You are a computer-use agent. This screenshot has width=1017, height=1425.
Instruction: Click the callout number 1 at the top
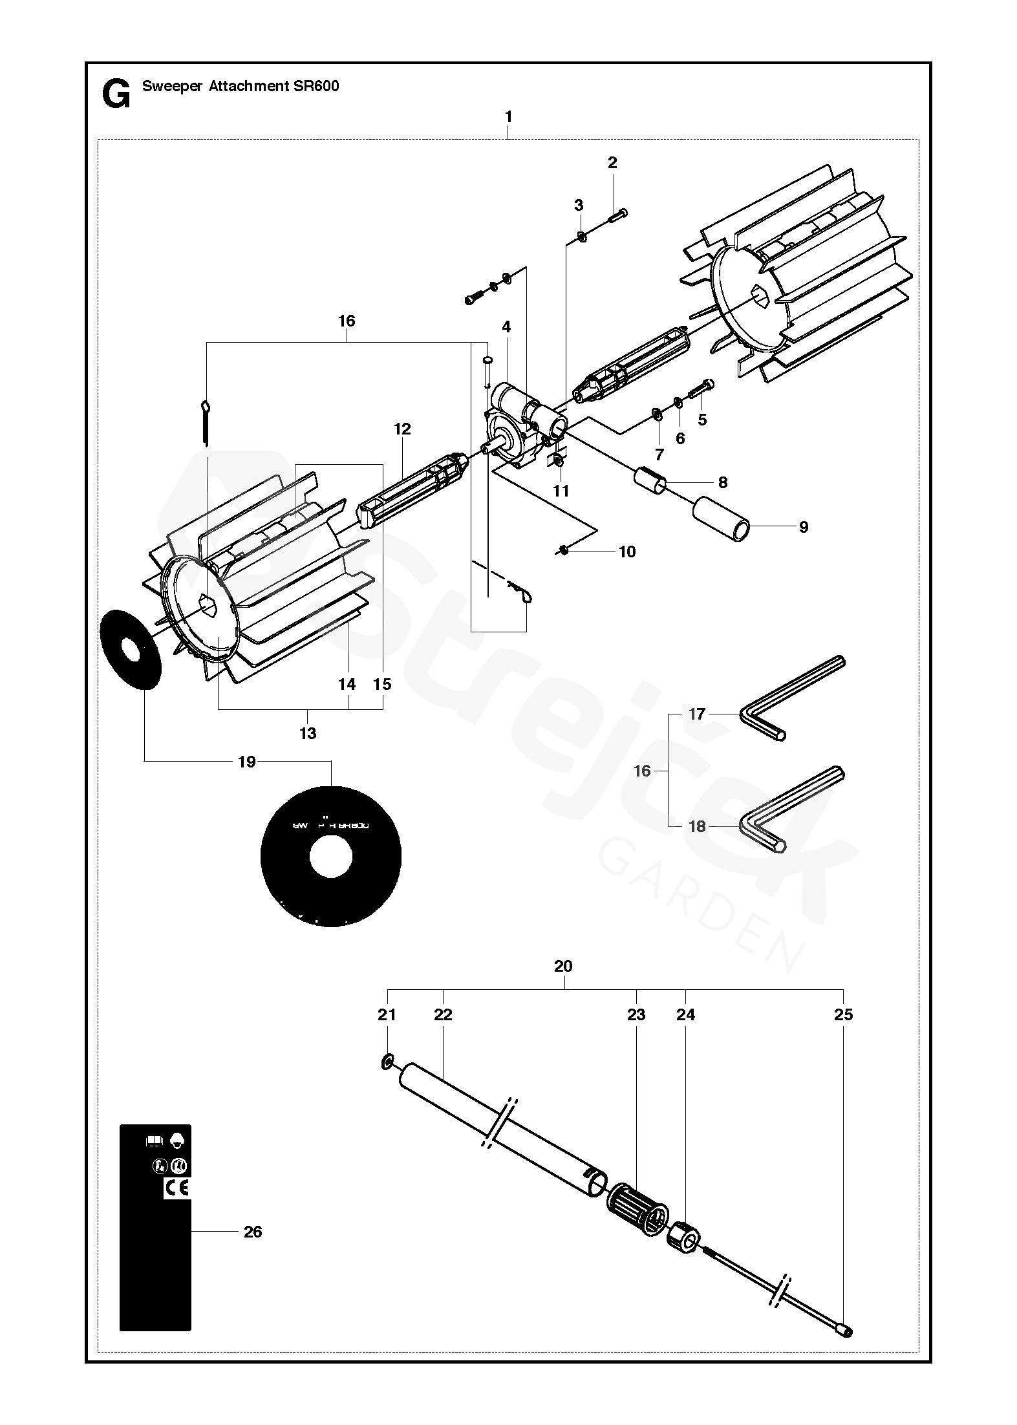[x=509, y=117]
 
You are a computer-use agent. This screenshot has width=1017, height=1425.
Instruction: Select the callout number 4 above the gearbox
[x=506, y=327]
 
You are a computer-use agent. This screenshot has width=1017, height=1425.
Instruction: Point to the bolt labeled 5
[x=700, y=389]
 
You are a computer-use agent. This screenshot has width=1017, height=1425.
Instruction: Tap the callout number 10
[x=626, y=552]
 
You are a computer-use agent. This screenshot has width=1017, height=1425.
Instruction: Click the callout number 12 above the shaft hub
[x=402, y=429]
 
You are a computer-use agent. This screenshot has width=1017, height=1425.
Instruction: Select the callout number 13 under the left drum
[x=308, y=733]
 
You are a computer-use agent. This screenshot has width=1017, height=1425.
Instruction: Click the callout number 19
[x=247, y=762]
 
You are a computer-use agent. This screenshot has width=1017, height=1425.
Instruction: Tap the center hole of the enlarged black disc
[x=331, y=857]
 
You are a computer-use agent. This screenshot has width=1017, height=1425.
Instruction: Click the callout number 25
[x=844, y=1014]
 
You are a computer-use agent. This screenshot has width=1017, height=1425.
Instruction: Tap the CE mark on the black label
[x=177, y=1188]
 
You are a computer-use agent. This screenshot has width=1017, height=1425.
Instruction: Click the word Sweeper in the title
[x=172, y=86]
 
